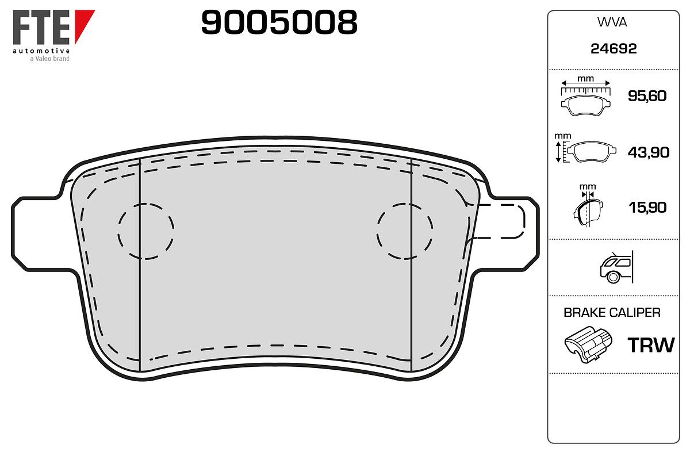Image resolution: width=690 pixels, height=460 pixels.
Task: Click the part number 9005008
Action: coord(279,22)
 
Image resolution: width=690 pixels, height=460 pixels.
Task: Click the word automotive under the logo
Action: coord(41,51)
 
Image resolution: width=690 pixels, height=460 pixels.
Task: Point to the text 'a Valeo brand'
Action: coord(49,59)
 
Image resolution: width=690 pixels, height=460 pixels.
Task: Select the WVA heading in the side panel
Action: coord(612,22)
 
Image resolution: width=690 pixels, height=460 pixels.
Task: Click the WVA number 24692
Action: coord(614,49)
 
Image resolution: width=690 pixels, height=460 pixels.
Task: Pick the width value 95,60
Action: coord(647,96)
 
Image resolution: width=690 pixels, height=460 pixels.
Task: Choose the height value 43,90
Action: coord(648,152)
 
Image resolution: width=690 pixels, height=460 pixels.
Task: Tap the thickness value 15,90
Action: coord(647,208)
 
